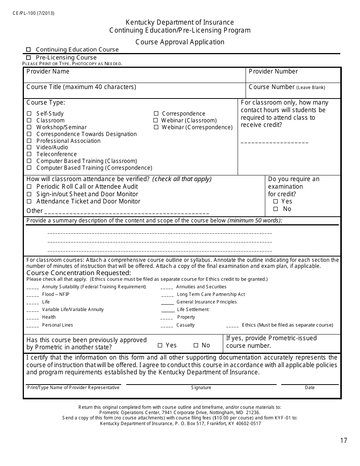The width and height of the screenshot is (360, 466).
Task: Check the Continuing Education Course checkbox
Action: point(28,50)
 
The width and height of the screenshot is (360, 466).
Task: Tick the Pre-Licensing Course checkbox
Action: point(28,58)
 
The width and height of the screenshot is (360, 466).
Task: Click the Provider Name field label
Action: point(48,71)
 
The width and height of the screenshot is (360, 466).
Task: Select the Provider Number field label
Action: point(273,71)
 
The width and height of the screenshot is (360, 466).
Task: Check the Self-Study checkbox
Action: point(29,114)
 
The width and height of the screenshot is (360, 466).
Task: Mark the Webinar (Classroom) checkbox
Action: point(155,120)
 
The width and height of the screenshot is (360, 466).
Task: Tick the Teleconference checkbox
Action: point(29,154)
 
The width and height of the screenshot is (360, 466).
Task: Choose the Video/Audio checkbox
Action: point(29,147)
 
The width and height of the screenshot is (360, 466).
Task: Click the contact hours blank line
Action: point(274,142)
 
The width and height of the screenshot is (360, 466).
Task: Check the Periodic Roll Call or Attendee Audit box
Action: point(29,186)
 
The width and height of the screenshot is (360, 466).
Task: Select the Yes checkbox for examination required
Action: point(275,202)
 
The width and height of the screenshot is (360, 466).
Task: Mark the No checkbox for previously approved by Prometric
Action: point(196,345)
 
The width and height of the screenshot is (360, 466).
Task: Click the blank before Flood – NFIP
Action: point(33,295)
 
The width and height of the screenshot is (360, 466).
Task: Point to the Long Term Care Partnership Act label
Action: point(211,294)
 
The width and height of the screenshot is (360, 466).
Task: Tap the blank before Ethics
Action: point(232,325)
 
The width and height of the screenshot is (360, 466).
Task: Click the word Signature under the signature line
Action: point(201,388)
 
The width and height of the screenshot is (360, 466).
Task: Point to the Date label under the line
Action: point(310,388)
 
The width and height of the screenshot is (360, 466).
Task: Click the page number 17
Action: point(343,440)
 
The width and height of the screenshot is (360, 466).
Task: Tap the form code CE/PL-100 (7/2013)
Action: point(33,13)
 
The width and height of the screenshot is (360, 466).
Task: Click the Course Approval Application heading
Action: point(180,42)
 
